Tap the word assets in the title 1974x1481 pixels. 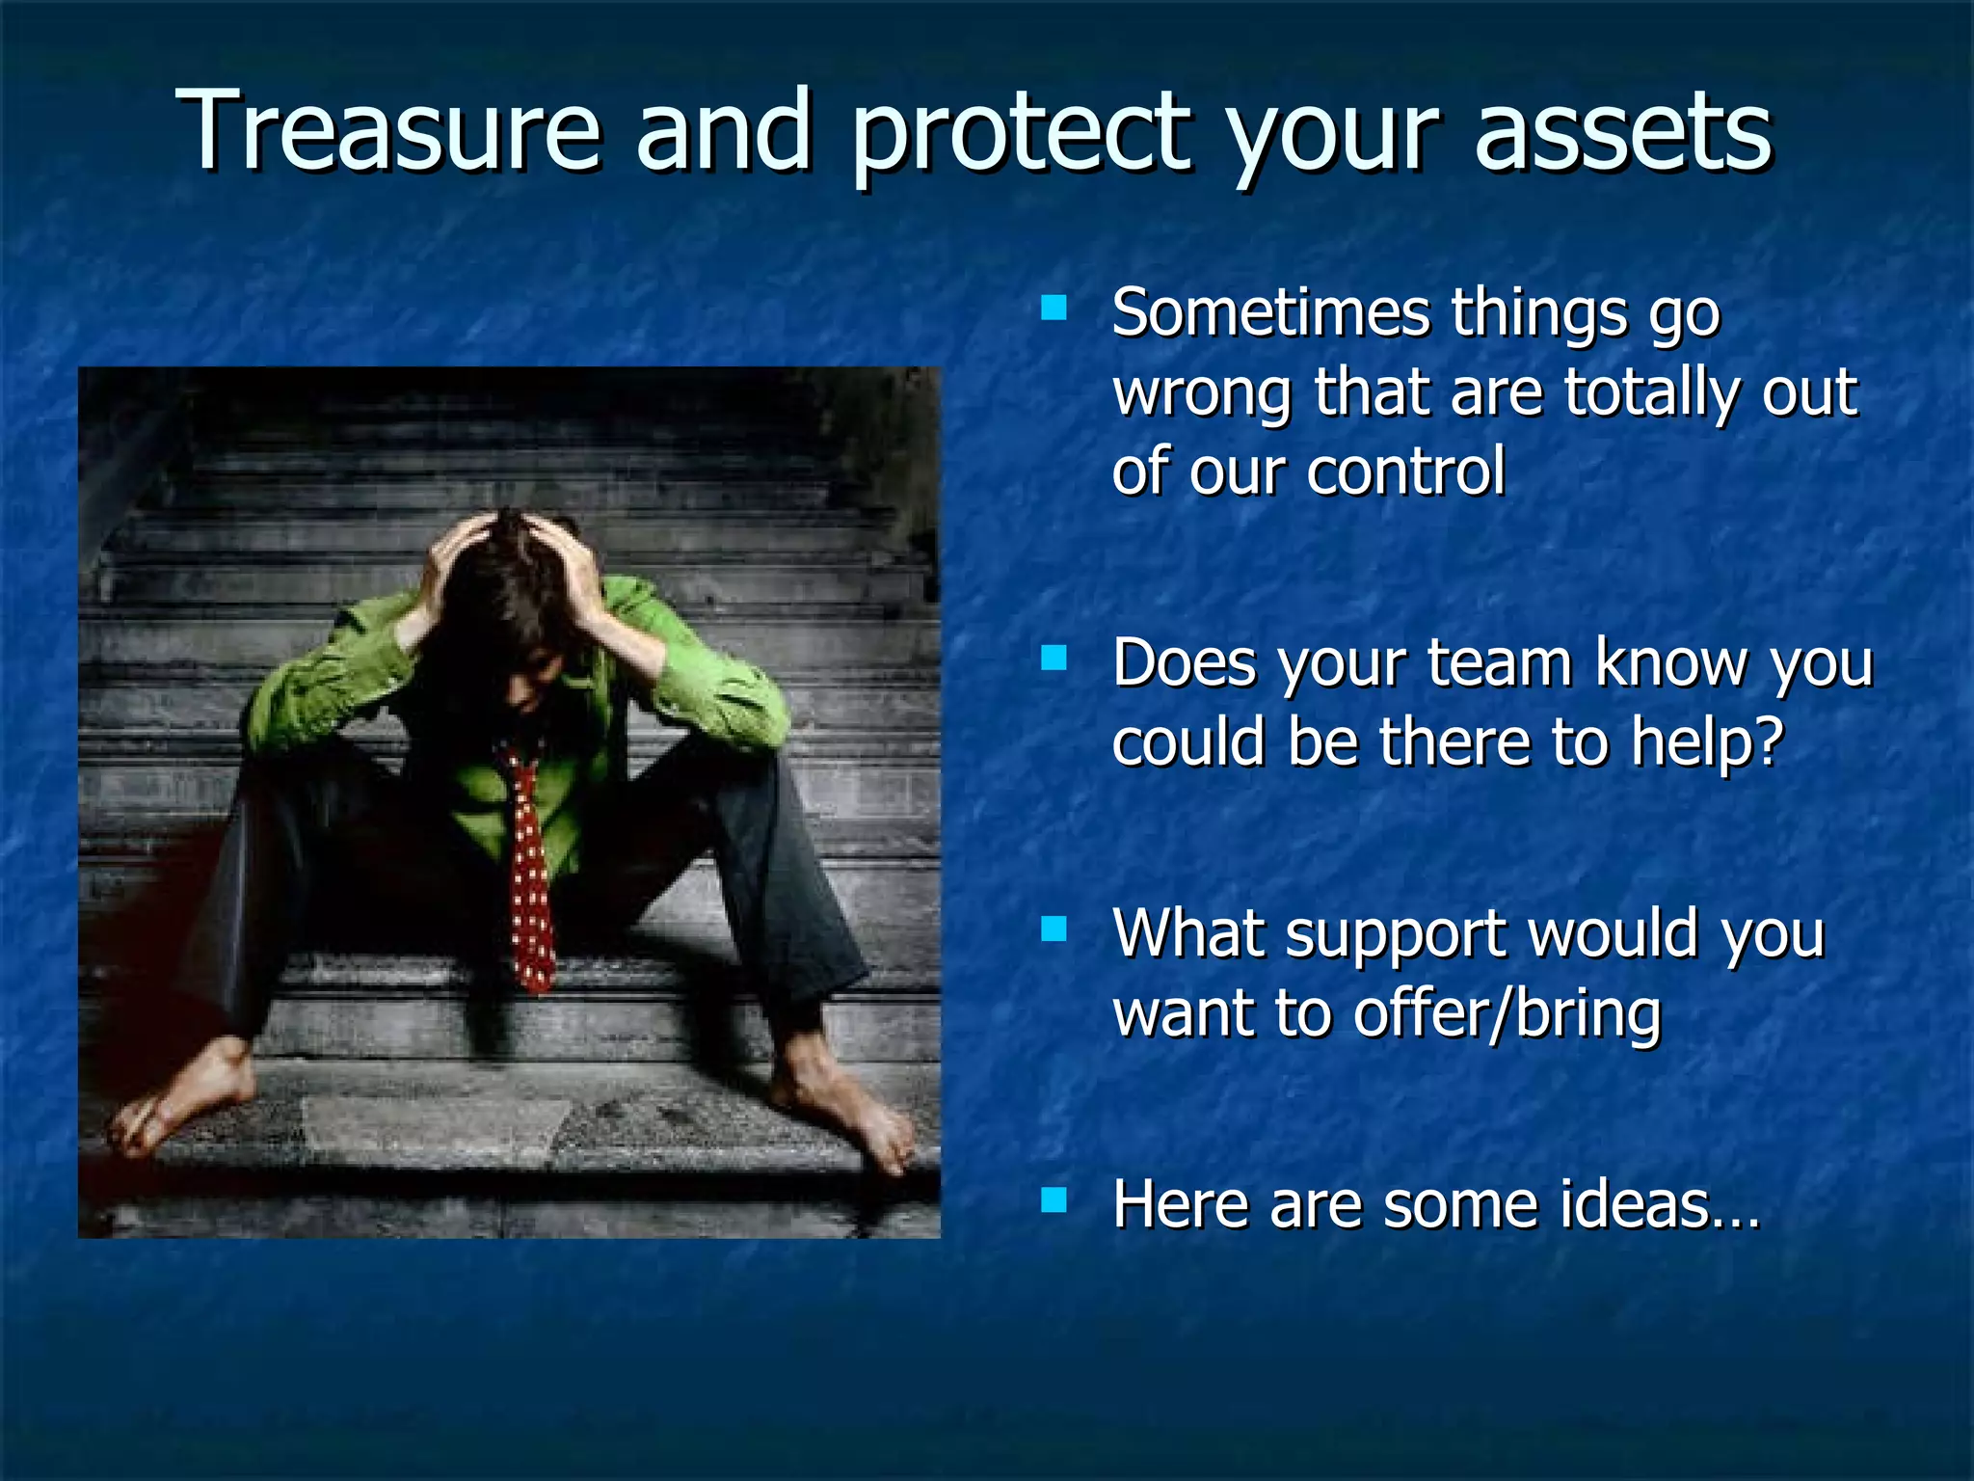[1623, 132]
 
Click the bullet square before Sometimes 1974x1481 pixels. [1054, 309]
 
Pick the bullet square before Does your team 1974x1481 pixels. [1054, 659]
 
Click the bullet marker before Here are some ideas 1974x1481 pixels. [1054, 1199]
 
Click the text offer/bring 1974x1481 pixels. [1507, 1014]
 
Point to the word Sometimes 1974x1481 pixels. [1270, 313]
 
